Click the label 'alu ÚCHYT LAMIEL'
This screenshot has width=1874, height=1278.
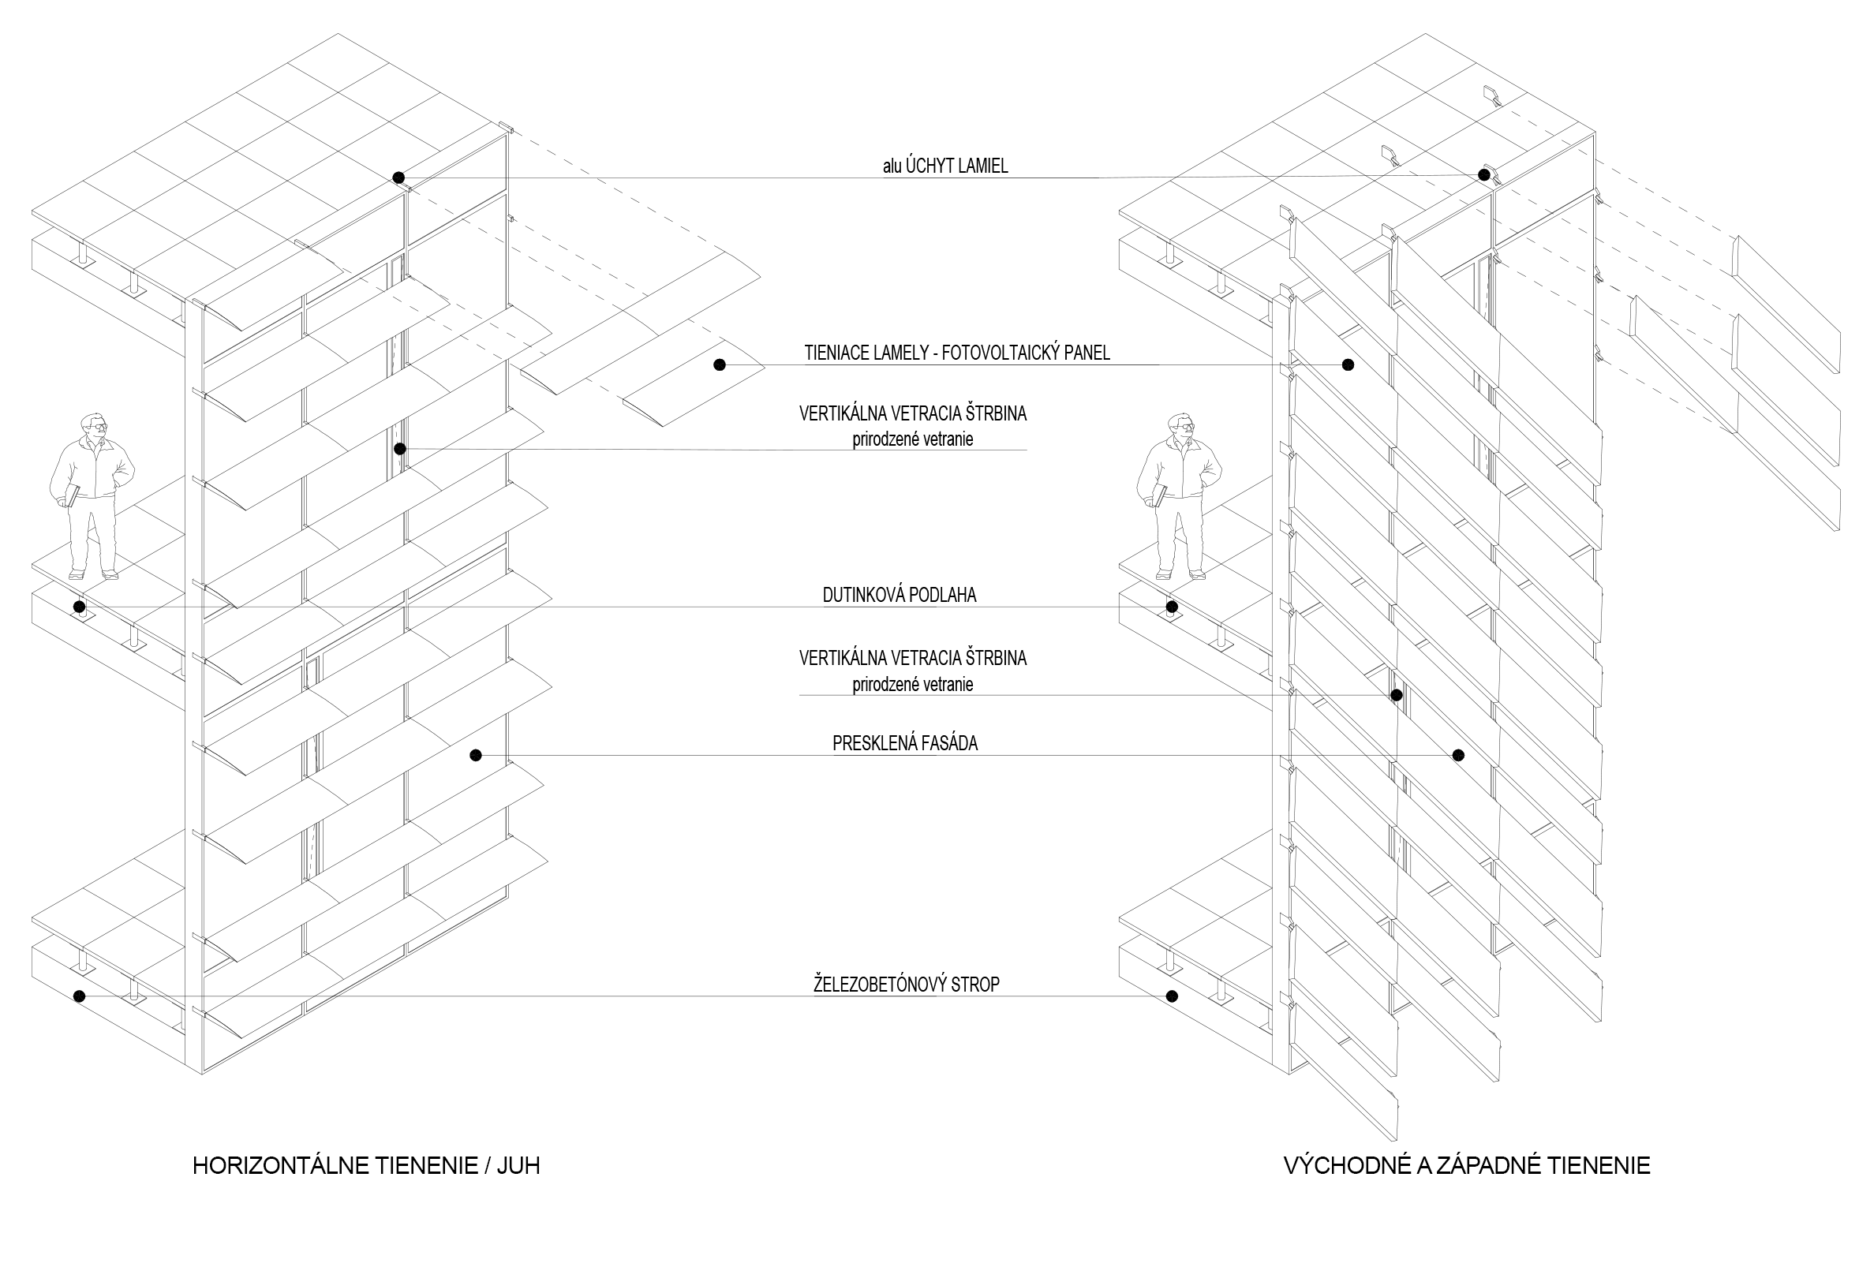point(944,166)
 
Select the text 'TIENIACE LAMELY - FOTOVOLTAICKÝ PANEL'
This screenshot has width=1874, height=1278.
point(956,353)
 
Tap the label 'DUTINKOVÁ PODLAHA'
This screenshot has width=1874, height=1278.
point(899,595)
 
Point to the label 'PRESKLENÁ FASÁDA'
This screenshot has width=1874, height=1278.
point(905,743)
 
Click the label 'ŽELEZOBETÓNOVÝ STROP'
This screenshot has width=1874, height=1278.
point(907,984)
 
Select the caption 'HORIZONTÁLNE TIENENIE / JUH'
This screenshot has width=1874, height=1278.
point(366,1165)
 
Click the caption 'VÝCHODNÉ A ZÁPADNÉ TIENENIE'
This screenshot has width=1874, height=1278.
point(1467,1165)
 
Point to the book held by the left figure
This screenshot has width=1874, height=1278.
point(71,495)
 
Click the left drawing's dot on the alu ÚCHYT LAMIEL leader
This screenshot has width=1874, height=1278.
point(398,177)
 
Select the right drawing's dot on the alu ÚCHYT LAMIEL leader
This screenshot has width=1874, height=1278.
point(1483,175)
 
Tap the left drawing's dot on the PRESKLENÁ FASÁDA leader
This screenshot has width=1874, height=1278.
point(476,755)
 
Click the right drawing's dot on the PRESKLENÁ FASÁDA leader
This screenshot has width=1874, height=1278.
point(1458,755)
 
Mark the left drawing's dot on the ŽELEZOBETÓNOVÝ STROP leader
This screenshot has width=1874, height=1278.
point(79,996)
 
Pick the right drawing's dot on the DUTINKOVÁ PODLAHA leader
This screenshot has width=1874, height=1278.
point(1173,607)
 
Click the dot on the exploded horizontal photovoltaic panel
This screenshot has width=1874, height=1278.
point(720,365)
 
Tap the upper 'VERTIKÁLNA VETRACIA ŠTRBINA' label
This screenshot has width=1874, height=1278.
point(913,413)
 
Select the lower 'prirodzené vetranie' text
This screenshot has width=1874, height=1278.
point(913,685)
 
